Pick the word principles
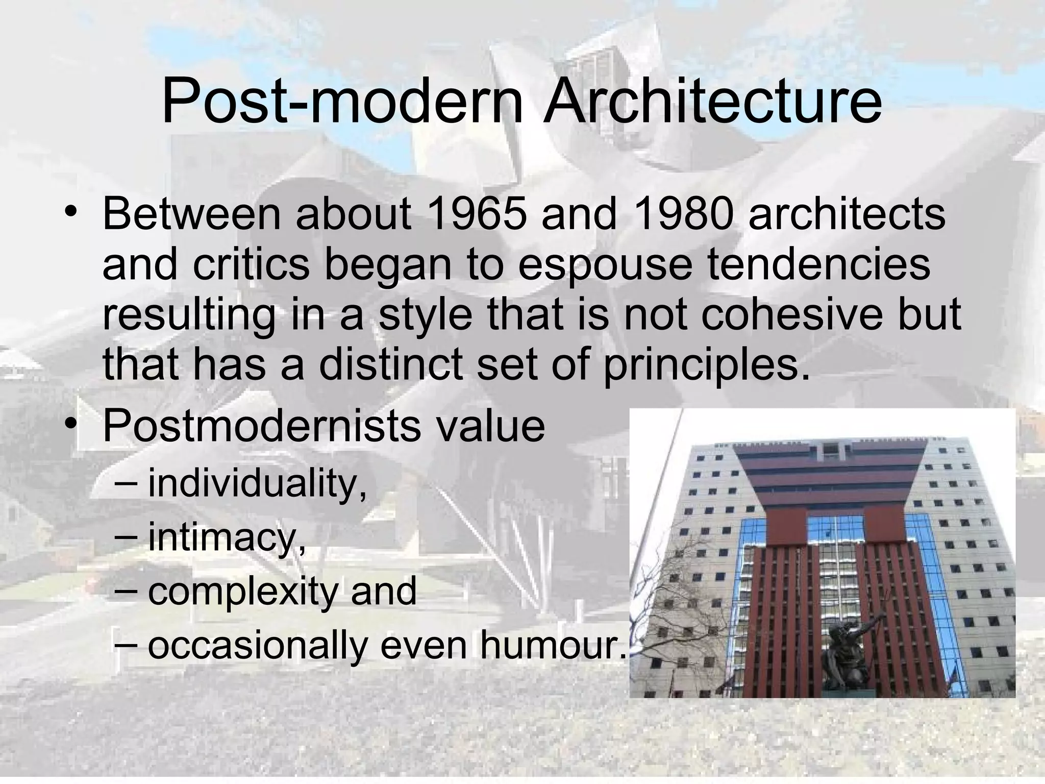pyautogui.click(x=707, y=364)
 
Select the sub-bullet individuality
pyautogui.click(x=257, y=483)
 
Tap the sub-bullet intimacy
pyautogui.click(x=227, y=537)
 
